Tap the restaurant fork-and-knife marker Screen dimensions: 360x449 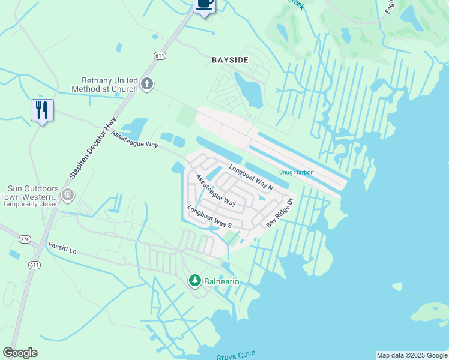coord(42,110)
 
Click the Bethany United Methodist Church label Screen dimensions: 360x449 coord(110,85)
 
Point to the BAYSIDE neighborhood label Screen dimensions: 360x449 coord(230,60)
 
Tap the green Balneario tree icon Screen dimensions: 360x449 coord(194,280)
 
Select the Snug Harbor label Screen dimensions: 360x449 coord(296,172)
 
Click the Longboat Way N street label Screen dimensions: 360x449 coord(251,178)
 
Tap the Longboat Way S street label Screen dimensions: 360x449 coord(209,216)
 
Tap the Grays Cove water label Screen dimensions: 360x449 coord(235,356)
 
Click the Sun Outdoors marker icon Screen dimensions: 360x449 coord(68,194)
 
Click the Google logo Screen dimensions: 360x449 coord(20,353)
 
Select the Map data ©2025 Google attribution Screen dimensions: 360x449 coord(412,355)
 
